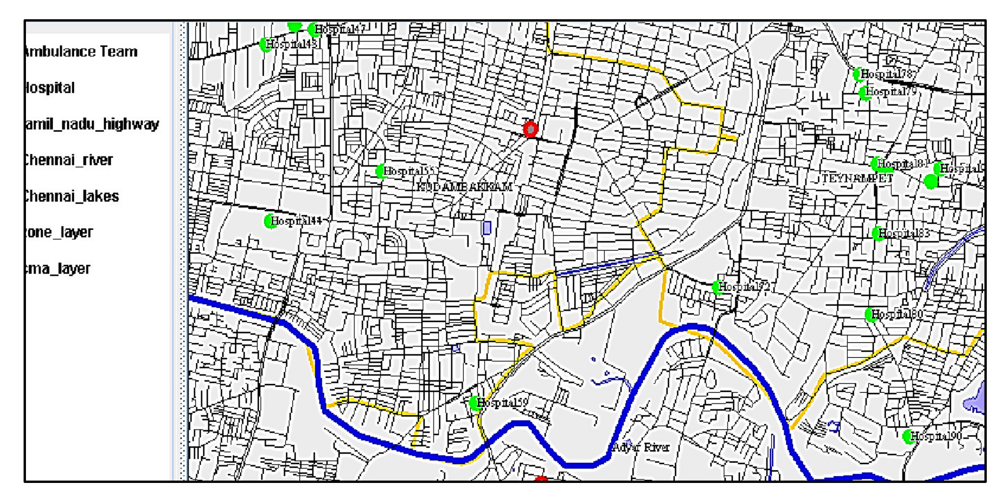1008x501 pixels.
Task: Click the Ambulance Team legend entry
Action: (x=81, y=51)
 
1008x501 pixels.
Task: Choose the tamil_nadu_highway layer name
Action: (x=92, y=124)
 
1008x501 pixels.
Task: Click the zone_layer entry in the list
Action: (x=59, y=232)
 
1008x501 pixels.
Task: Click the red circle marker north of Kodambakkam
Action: (x=530, y=129)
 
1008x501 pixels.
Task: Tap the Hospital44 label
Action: (x=296, y=221)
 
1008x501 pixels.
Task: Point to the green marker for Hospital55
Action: (x=381, y=171)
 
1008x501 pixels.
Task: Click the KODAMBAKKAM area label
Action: (x=464, y=187)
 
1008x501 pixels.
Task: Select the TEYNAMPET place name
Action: (x=857, y=179)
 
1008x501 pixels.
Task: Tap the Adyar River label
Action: (x=641, y=447)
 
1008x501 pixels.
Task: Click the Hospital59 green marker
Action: (x=475, y=403)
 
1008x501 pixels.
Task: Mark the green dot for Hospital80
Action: (x=871, y=314)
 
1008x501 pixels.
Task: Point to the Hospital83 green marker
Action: (x=877, y=234)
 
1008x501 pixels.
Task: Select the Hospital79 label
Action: (x=891, y=92)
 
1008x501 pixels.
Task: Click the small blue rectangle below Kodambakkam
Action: (x=487, y=228)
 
